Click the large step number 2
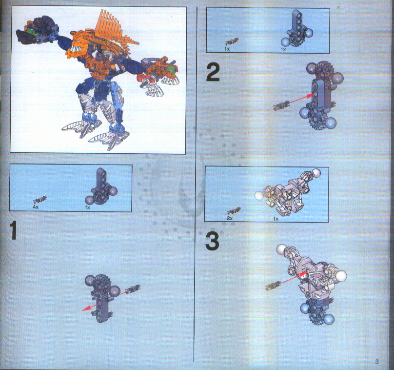coord(213,72)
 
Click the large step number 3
coord(212,241)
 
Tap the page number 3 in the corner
coord(376,362)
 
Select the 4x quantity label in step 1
coord(36,207)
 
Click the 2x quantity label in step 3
coord(230,218)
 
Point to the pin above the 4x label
coord(40,199)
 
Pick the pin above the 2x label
coord(234,210)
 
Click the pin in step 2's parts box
coord(232,41)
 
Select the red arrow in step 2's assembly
coord(302,98)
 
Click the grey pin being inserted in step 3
coord(273,285)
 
